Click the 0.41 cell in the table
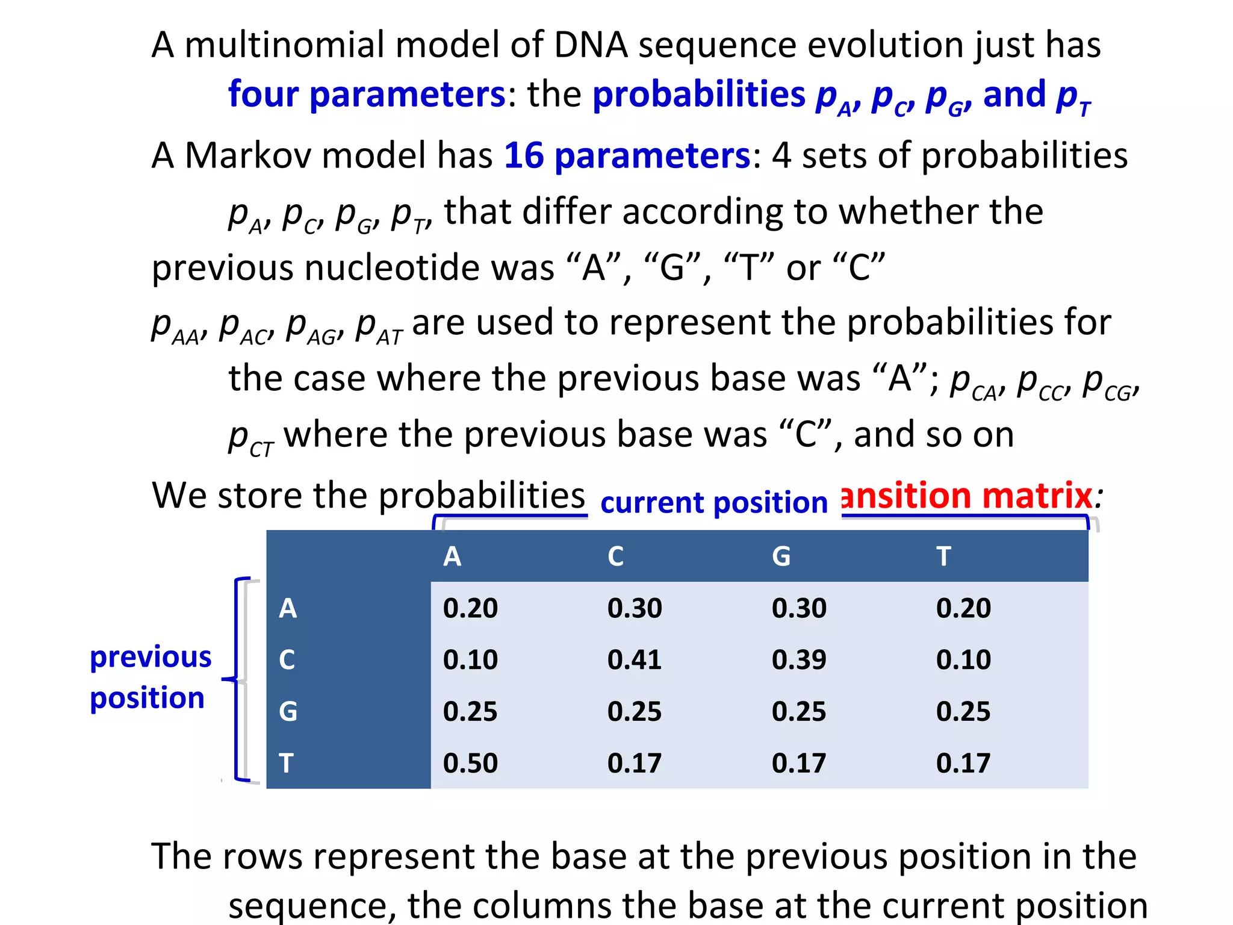(634, 659)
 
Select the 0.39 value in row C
(798, 659)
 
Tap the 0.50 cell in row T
(470, 763)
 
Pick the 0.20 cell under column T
(963, 608)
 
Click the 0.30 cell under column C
(634, 608)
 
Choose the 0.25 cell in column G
(798, 711)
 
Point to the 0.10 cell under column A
(470, 659)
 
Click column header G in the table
(781, 556)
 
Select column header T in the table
(943, 556)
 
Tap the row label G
(288, 711)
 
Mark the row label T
(286, 763)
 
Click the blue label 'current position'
(714, 502)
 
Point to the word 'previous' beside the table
(151, 657)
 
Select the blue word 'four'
(263, 95)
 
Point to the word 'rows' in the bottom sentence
(262, 856)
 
